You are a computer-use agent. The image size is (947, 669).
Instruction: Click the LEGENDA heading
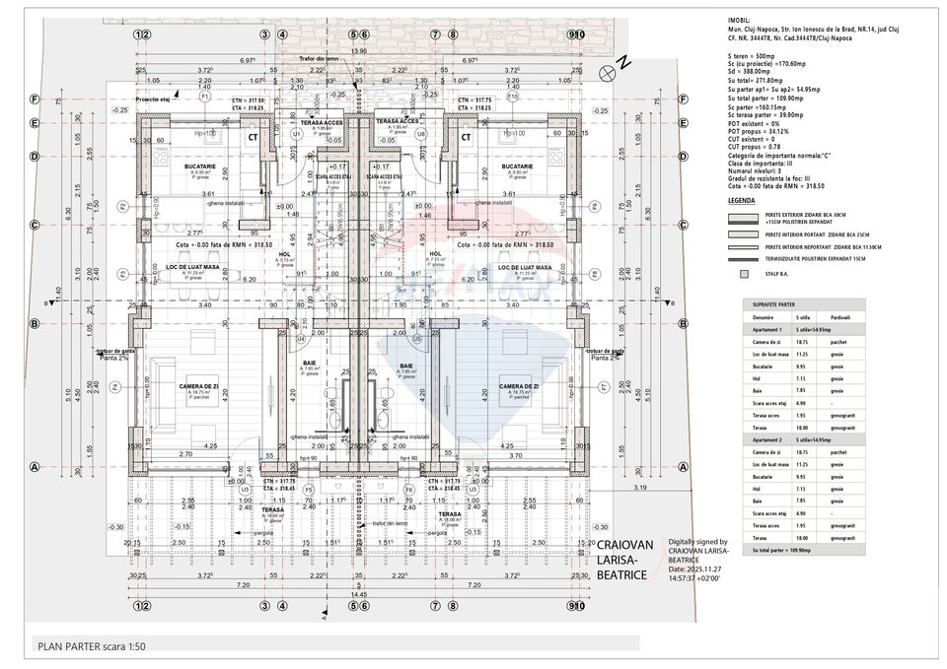coord(741,200)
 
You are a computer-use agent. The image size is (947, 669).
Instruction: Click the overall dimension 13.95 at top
coord(358,50)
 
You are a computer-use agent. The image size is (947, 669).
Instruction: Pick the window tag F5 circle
coord(308,489)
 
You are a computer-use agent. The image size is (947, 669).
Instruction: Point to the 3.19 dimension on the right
coord(639,487)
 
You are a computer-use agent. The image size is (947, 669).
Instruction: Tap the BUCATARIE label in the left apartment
coord(200,167)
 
